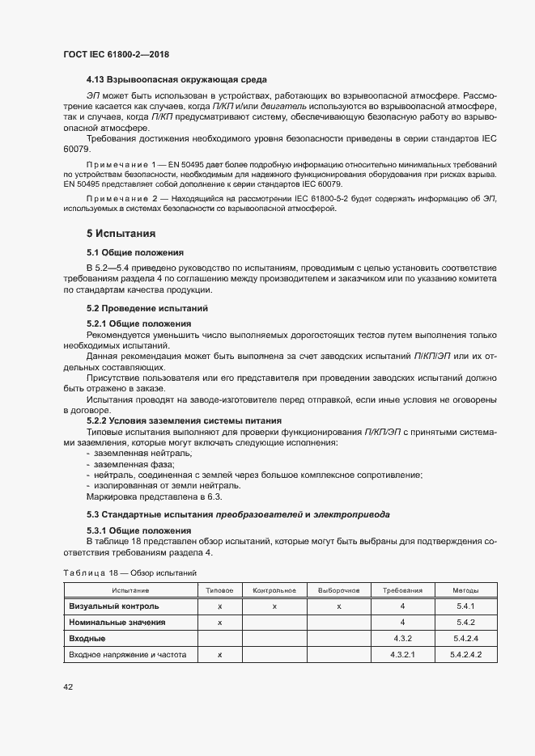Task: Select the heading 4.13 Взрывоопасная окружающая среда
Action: pyautogui.click(x=176, y=79)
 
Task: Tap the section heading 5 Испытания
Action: pyautogui.click(x=121, y=234)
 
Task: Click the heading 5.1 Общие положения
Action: pyautogui.click(x=135, y=252)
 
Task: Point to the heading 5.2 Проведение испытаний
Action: pyautogui.click(x=147, y=308)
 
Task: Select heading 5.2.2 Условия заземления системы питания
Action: pyautogui.click(x=184, y=420)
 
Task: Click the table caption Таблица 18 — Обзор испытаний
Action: pyautogui.click(x=130, y=572)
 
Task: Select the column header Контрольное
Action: pyautogui.click(x=274, y=590)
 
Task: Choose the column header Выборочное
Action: pyautogui.click(x=339, y=590)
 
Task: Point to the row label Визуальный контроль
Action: pyautogui.click(x=114, y=606)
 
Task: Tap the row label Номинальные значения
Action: pyautogui.click(x=117, y=623)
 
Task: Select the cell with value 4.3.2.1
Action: pyautogui.click(x=402, y=655)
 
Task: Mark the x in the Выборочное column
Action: pyautogui.click(x=339, y=606)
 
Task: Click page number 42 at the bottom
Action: pyautogui.click(x=69, y=687)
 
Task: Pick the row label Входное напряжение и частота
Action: pyautogui.click(x=128, y=655)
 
